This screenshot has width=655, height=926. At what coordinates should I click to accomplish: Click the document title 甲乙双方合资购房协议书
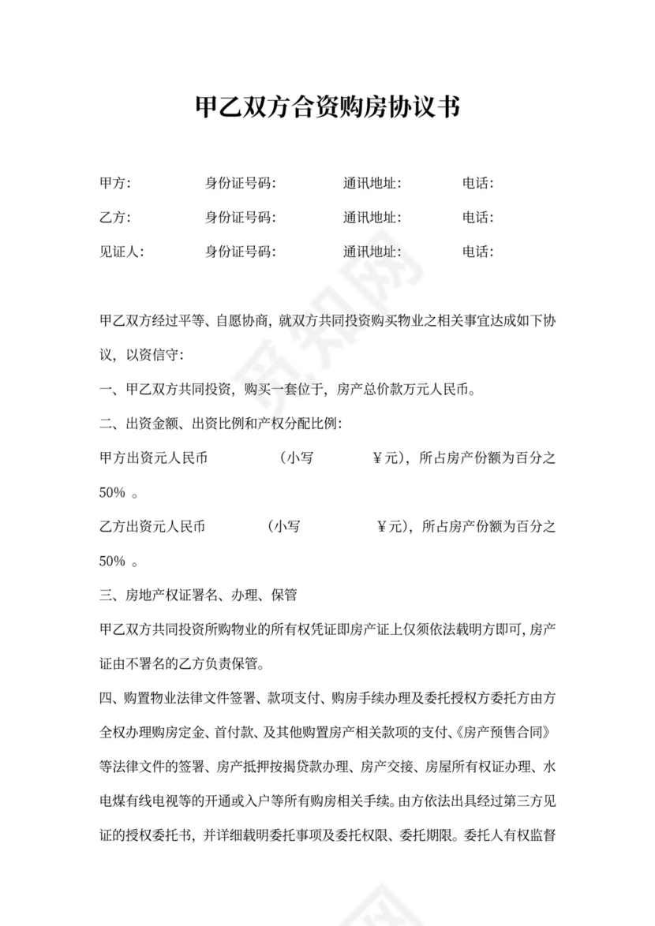tap(327, 107)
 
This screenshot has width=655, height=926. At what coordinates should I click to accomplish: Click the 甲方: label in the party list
tap(115, 184)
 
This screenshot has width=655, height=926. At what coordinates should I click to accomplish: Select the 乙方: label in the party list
tap(115, 218)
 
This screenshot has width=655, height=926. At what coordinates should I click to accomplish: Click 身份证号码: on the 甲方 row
tap(241, 184)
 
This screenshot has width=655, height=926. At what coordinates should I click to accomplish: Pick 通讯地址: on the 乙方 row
tap(372, 218)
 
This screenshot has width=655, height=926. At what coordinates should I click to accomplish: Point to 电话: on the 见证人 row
tap(478, 252)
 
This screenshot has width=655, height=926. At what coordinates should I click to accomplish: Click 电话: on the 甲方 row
tap(478, 184)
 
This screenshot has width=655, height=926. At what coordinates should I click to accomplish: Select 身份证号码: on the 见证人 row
tap(241, 252)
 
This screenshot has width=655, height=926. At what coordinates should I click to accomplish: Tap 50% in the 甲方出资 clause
tap(113, 493)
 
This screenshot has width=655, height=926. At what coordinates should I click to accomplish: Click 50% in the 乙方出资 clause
tap(113, 562)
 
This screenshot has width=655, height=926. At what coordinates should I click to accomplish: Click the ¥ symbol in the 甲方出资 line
tap(377, 458)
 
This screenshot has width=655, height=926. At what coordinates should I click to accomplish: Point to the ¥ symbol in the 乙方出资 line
tap(382, 527)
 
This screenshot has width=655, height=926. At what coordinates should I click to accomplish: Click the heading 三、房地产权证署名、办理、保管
tap(198, 596)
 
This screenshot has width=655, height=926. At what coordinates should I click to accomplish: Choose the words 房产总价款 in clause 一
tap(369, 390)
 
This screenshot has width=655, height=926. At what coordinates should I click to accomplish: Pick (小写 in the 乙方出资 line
tap(284, 527)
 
